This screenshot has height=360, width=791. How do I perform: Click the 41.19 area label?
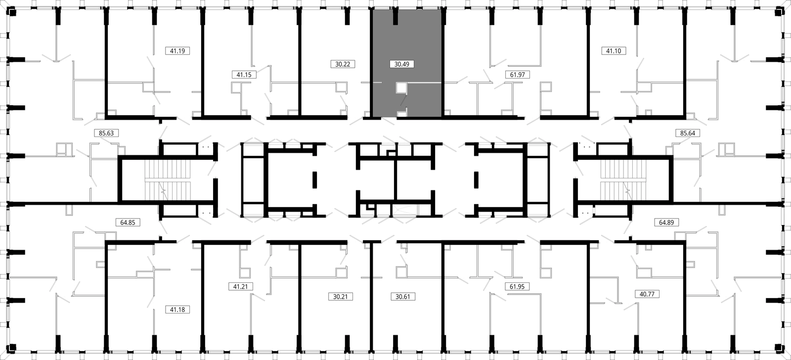point(177,51)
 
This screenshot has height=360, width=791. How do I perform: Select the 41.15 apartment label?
point(244,75)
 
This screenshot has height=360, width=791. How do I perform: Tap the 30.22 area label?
point(343,64)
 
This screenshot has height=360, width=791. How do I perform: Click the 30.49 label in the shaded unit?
point(402,64)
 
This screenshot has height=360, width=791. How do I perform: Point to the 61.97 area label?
point(518,75)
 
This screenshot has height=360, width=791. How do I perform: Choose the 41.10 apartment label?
point(614,51)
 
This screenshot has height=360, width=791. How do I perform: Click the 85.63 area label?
point(106,133)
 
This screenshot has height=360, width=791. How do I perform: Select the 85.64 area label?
point(688,133)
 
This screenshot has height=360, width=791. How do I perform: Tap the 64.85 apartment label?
point(128,222)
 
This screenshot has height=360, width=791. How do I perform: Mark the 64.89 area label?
point(666,222)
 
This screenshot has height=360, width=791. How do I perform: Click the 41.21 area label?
point(240,286)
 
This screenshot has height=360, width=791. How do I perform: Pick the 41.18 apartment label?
point(177,310)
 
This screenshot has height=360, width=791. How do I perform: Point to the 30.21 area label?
point(341,296)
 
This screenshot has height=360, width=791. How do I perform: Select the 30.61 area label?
point(403,296)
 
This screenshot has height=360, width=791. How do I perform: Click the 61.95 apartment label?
point(517,286)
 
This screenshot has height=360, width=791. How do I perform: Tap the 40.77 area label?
point(647,294)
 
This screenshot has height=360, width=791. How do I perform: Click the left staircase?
point(168,180)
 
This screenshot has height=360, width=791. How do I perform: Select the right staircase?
point(623,180)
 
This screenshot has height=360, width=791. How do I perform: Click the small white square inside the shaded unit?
point(401,88)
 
